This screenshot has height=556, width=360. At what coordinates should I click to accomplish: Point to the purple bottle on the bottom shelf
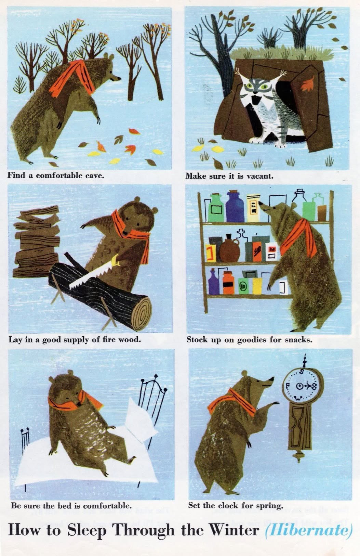tap(213, 283)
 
